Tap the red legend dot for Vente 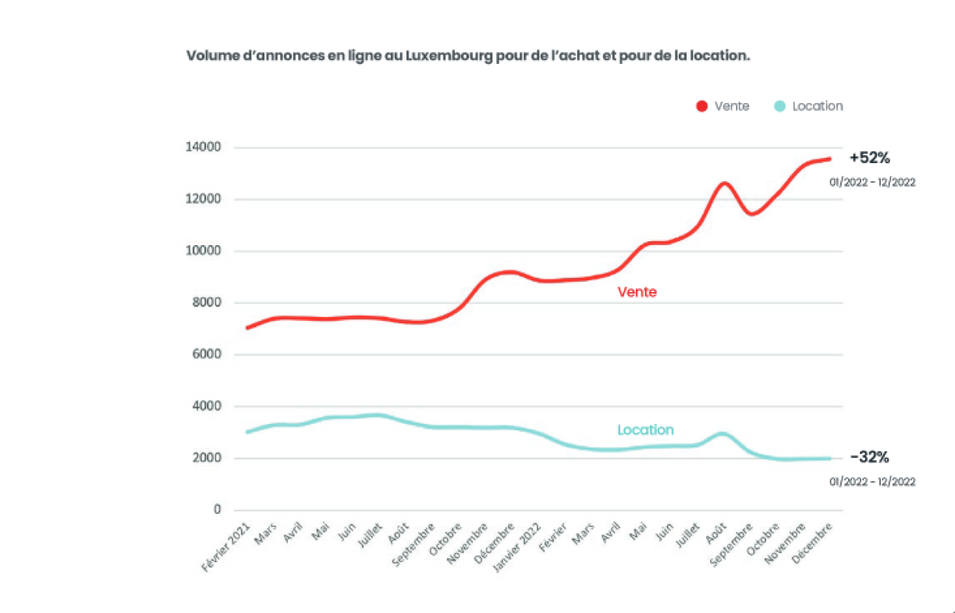pyautogui.click(x=701, y=106)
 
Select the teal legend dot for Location pyautogui.click(x=779, y=106)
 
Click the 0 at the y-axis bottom pyautogui.click(x=217, y=510)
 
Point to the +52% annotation pyautogui.click(x=869, y=158)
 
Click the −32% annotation pyautogui.click(x=869, y=457)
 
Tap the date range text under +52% pyautogui.click(x=872, y=183)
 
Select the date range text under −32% pyautogui.click(x=872, y=482)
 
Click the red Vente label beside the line pyautogui.click(x=637, y=292)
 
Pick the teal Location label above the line pyautogui.click(x=645, y=430)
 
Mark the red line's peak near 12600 pyautogui.click(x=724, y=184)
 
